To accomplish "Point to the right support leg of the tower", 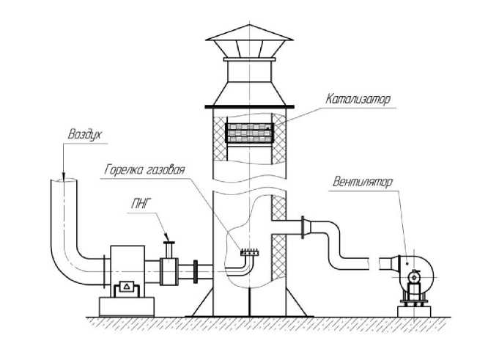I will [293, 301].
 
